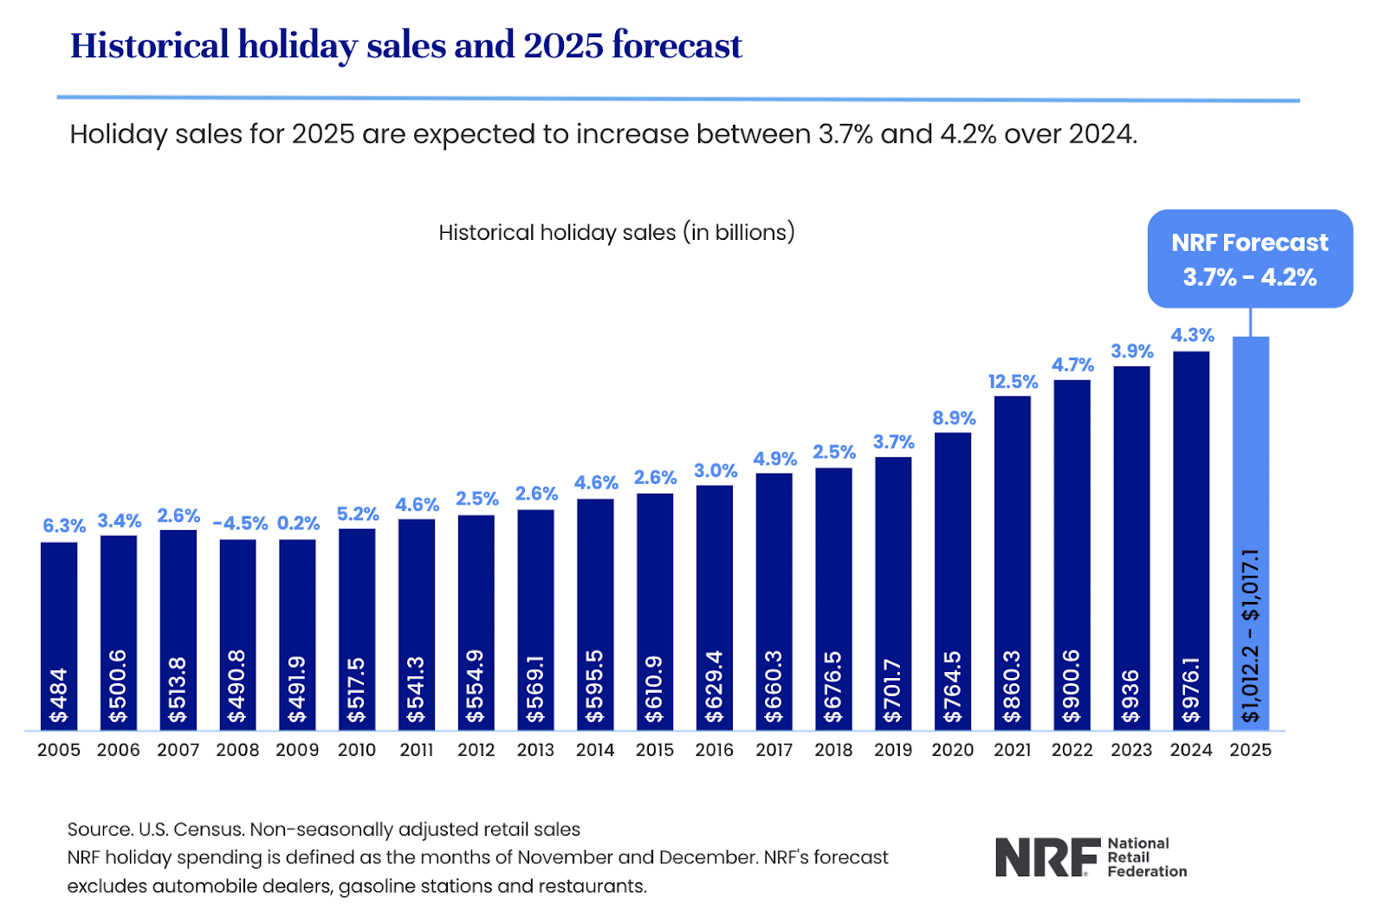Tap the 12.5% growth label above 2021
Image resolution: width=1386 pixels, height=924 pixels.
(x=1012, y=382)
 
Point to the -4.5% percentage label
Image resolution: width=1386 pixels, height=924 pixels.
(x=240, y=524)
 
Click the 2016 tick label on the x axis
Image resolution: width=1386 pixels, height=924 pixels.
(x=714, y=750)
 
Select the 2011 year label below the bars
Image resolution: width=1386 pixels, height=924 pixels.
(x=417, y=750)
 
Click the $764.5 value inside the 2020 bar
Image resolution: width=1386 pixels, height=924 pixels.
(x=952, y=687)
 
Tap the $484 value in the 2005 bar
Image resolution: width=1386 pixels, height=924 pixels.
(x=59, y=695)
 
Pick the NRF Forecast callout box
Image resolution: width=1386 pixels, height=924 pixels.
(x=1249, y=259)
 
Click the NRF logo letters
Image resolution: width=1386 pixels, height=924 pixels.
(x=1046, y=857)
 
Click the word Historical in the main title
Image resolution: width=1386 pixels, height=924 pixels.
(x=149, y=45)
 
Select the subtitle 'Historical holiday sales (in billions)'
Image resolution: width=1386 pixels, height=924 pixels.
(x=616, y=233)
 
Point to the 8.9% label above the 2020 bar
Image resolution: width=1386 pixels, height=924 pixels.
(x=954, y=418)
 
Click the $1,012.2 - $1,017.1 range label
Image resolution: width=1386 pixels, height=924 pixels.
(x=1250, y=636)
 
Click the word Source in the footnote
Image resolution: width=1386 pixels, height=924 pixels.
(x=99, y=830)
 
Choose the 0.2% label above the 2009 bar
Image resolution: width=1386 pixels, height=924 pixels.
(x=298, y=524)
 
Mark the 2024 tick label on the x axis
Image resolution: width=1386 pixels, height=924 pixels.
(x=1190, y=750)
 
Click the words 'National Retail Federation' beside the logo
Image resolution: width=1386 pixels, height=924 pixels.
(x=1146, y=857)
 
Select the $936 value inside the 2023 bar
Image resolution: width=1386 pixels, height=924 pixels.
(x=1130, y=696)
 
